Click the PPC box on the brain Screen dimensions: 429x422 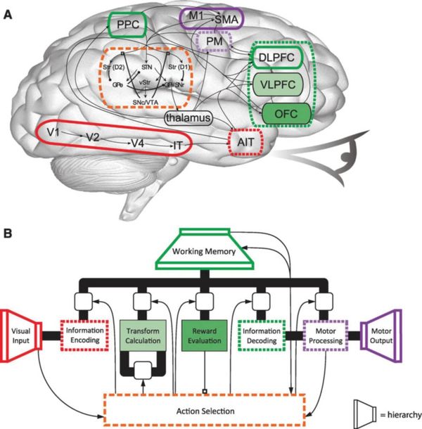(x=126, y=26)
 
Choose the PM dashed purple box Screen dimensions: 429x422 (x=213, y=43)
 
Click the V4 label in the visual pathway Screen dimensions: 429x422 (x=139, y=143)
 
